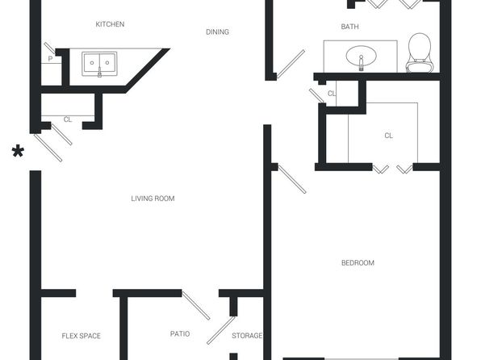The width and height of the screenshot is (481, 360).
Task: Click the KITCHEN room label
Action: coord(110,24)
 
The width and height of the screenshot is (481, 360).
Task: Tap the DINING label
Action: coord(217,32)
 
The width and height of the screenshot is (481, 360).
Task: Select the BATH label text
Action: coord(349,27)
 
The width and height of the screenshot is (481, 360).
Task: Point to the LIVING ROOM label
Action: coord(153,199)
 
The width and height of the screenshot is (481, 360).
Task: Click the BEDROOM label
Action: coord(358,262)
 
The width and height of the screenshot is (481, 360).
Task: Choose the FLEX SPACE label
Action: coord(81,336)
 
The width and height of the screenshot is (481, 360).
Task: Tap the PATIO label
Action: coord(180,333)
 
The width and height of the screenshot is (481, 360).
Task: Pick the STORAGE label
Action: coord(247,336)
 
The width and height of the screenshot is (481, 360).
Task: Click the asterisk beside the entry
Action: coord(18,152)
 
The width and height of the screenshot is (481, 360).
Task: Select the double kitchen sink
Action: coord(99,64)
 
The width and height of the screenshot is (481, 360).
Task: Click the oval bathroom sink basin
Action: coord(361,57)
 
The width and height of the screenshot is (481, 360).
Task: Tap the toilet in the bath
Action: coord(420,52)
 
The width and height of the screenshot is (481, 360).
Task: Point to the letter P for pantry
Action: coord(50,59)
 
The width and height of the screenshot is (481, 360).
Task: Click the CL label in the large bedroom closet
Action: coord(388,136)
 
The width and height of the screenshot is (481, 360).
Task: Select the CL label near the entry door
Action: coord(68,119)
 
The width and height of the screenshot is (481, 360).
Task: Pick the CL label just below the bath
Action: coord(332,94)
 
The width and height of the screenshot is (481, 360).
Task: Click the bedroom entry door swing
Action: coord(291,179)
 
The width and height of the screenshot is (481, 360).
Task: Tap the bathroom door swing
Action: coord(291,64)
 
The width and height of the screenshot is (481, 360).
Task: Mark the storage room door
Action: coord(221,330)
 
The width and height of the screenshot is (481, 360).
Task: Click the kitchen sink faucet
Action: coord(99,73)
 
